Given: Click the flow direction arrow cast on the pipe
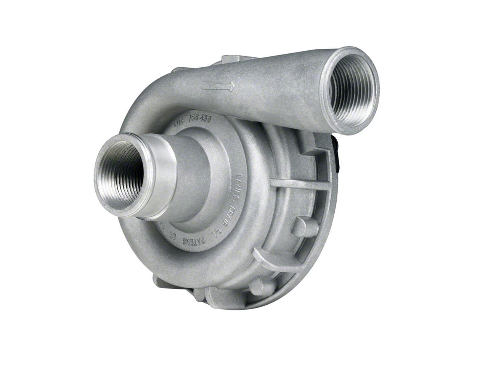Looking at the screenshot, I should [218, 86].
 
